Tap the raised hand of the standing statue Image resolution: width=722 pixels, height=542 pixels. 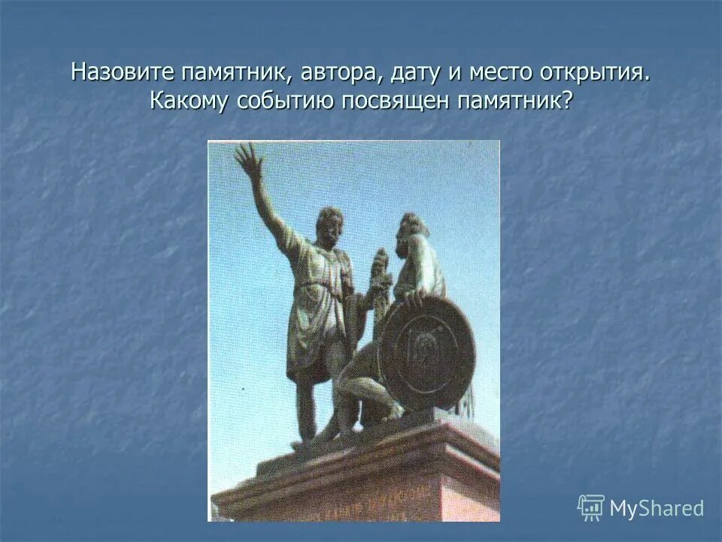coord(247,160)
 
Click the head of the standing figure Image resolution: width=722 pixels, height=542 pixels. coord(329,222)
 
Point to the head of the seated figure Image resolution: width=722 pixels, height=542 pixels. coord(412,230)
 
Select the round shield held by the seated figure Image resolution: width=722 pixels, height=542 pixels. coord(426,353)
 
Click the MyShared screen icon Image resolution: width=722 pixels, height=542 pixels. coord(591,508)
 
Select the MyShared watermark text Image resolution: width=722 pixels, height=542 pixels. coord(656,509)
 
